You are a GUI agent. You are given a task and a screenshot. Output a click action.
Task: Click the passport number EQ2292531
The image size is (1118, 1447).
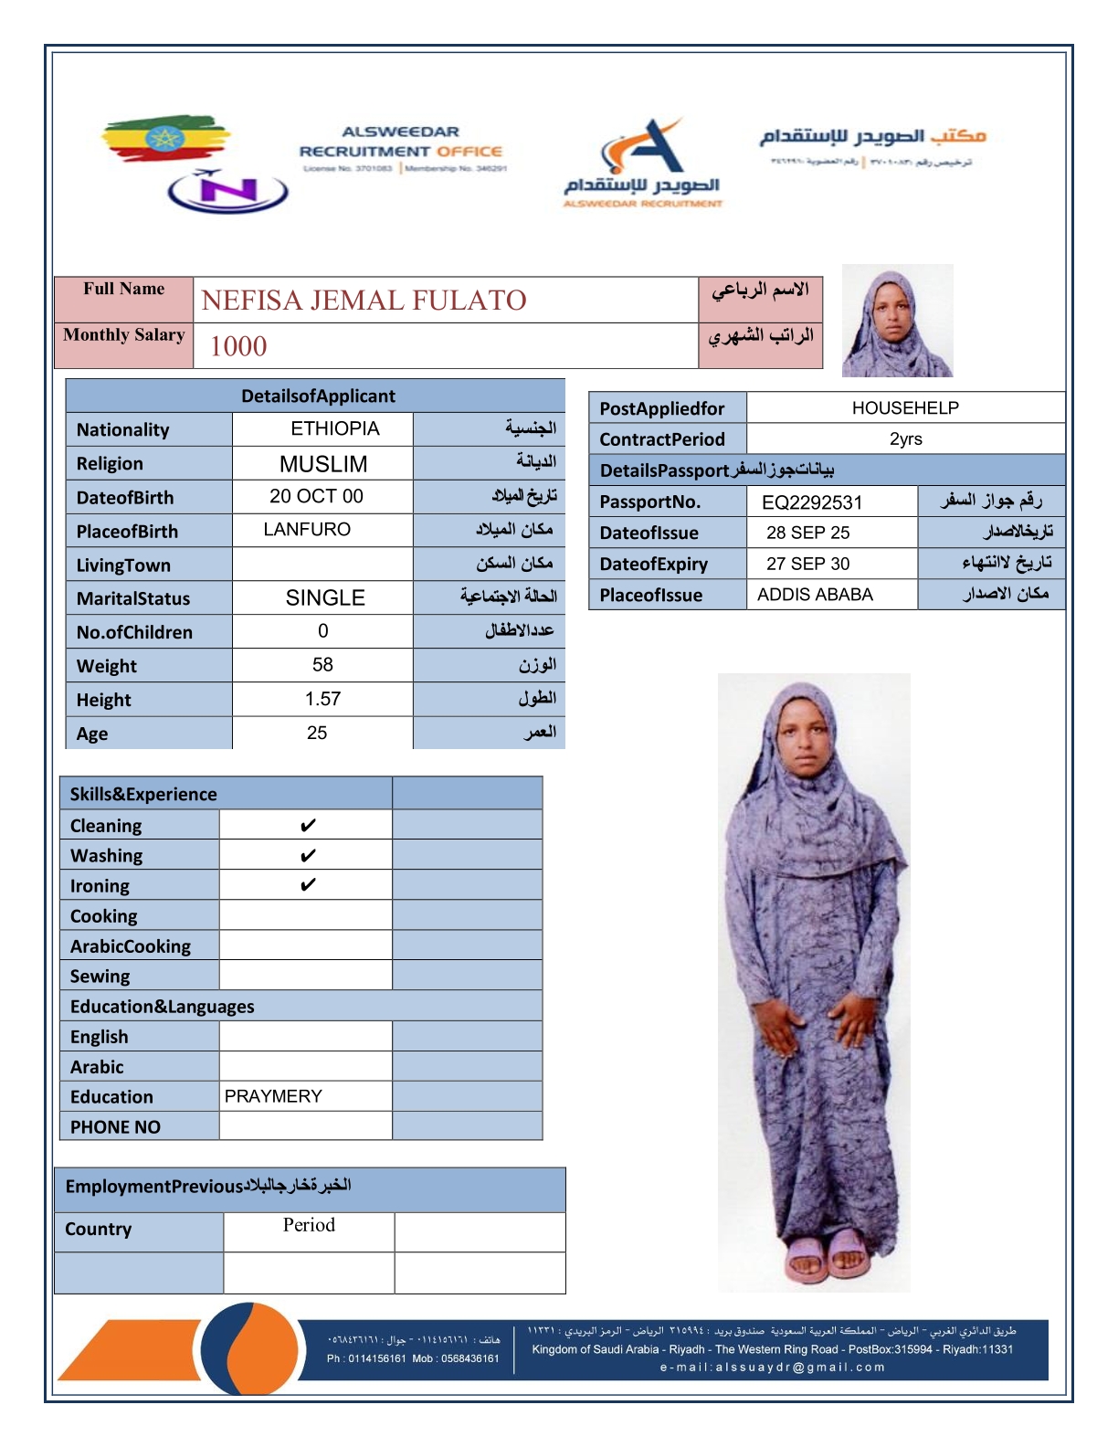point(811,502)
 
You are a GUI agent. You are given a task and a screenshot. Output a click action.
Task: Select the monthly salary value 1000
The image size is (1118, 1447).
point(238,346)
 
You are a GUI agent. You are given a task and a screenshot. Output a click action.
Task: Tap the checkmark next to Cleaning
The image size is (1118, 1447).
point(308,826)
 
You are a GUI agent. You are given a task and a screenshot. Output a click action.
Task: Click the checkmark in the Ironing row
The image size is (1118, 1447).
point(308,885)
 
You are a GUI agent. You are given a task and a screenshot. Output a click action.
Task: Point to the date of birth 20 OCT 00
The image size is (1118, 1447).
point(316,496)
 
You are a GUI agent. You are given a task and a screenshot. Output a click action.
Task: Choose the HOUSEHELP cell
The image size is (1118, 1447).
point(905,408)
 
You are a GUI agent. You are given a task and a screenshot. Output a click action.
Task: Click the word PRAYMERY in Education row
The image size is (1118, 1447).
point(273,1096)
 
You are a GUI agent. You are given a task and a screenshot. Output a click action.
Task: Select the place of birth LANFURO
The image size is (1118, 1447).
point(307,530)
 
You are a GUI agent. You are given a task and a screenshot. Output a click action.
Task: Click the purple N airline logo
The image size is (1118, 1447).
point(227,191)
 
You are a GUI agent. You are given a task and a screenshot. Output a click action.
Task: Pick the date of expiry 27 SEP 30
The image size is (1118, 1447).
point(807,564)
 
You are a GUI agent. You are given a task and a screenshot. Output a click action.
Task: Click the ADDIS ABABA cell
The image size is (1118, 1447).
point(815,595)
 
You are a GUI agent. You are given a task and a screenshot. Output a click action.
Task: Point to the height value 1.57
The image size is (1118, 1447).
point(322,699)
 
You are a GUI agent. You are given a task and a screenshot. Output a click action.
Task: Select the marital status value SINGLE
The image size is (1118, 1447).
point(325,598)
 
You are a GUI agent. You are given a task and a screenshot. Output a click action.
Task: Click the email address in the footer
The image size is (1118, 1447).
point(773,1368)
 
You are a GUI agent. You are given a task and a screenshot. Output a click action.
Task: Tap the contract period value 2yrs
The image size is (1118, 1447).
point(905,439)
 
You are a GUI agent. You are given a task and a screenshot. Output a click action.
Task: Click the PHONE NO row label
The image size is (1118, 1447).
point(115,1127)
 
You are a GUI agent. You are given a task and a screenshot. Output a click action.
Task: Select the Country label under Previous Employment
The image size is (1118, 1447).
point(99,1230)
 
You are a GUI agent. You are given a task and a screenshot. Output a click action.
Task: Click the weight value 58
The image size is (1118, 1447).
point(322,665)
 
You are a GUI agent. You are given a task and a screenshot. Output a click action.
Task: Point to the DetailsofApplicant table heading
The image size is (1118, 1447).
point(318,396)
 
